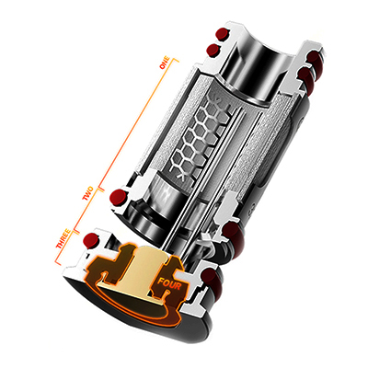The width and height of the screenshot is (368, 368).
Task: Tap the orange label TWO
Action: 89,196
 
